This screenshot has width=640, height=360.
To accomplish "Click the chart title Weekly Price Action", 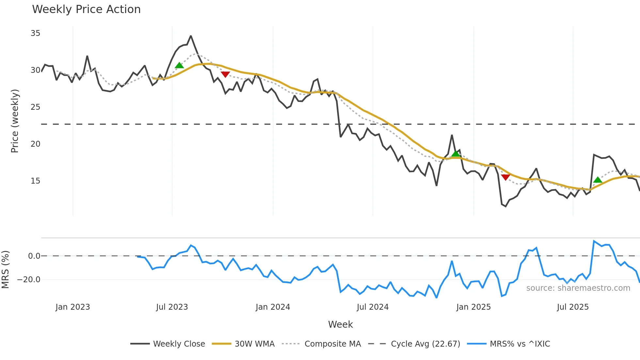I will coord(86,9).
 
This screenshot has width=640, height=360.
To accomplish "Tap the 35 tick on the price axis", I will coord(35,33).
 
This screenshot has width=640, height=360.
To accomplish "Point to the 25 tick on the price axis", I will coord(35,107).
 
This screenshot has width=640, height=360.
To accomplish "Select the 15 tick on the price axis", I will coord(35,181).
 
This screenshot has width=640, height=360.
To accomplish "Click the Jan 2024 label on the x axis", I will coord(273,307).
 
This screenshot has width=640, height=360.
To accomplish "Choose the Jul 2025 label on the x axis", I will coord(573,307).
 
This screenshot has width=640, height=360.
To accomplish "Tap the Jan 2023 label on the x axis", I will coord(72,307).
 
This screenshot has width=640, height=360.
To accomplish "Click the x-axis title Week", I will coord(340,324).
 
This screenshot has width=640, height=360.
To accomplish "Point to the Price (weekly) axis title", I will coord(15,121).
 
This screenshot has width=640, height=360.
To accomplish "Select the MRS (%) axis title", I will coord(6,270).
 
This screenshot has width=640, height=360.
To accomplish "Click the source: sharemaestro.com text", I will coord(578,288).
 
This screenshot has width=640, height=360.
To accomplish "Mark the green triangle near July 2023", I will coord(179,66).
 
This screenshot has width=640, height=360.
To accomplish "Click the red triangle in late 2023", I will coord(225,74).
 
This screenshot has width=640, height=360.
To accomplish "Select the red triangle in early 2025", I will coord(505,177).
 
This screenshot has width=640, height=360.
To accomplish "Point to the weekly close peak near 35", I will coord(191,36).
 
